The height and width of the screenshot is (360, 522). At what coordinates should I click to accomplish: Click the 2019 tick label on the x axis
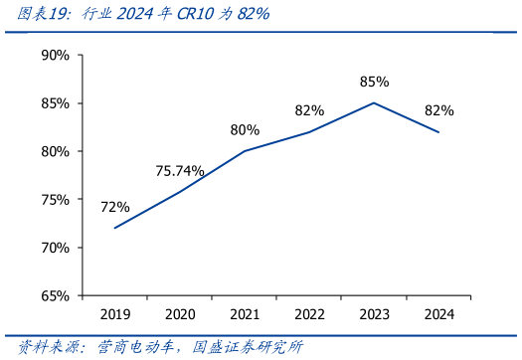(x=115, y=314)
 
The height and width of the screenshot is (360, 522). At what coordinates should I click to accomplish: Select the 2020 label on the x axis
(x=180, y=314)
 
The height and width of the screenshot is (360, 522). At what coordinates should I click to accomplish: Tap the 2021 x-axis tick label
(x=245, y=314)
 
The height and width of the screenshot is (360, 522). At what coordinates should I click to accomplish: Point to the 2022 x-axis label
(x=309, y=314)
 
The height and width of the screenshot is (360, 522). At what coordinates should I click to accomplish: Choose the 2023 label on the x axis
(x=374, y=314)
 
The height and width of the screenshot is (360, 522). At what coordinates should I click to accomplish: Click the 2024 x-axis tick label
(x=438, y=314)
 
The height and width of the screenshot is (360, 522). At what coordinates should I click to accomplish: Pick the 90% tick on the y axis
(x=55, y=55)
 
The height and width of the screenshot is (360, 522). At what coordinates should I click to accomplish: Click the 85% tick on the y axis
(x=55, y=103)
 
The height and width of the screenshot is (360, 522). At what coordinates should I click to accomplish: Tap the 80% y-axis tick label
(x=55, y=151)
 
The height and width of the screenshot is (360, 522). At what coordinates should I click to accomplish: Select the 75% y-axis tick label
(x=55, y=199)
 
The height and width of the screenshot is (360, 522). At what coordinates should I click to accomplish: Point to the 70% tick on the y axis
(x=55, y=248)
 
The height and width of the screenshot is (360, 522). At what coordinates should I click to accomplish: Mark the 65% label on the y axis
(x=55, y=295)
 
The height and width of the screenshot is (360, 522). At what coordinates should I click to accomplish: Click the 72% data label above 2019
(x=115, y=207)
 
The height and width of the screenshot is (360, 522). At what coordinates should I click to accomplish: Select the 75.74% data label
(x=180, y=171)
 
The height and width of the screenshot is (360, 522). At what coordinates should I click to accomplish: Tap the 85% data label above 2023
(x=374, y=82)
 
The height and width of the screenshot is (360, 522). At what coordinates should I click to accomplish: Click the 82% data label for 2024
(x=438, y=110)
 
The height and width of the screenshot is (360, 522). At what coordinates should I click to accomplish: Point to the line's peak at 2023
(x=374, y=102)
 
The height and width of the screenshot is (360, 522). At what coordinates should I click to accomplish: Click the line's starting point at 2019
(x=115, y=228)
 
